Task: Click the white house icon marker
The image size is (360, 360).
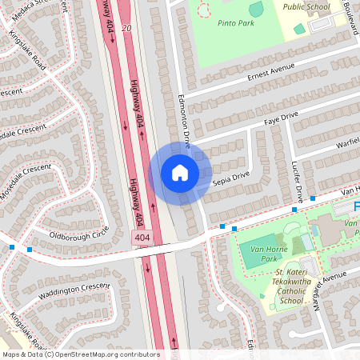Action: click(180, 172)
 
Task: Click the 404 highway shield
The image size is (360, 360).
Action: click(142, 238)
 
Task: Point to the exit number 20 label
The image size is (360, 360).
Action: click(126, 28)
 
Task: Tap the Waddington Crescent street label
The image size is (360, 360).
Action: click(74, 289)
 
